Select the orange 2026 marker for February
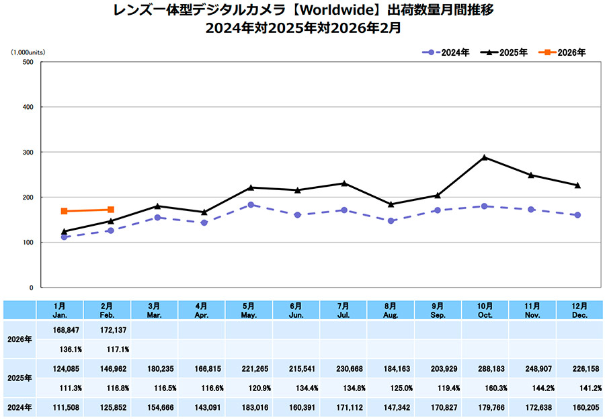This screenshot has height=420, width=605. coord(111,210)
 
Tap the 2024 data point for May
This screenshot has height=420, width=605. coord(251,205)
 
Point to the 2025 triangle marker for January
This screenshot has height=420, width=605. coord(64,231)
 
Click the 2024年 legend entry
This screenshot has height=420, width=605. coord(446,52)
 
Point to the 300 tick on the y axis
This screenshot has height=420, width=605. coord(27,152)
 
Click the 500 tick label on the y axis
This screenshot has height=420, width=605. coord(27,62)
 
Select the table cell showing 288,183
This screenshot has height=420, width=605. coord(485,368)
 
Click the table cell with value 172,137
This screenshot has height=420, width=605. coord(108,330)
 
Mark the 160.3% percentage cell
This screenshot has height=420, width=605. coord(485,388)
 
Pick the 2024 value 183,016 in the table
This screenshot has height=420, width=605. coord(250,407)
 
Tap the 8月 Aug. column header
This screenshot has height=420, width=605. coord(391,310)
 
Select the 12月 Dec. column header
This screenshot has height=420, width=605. coord(579,310)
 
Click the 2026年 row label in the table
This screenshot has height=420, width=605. coord(19,339)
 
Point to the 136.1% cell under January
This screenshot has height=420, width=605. coord(62,349)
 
